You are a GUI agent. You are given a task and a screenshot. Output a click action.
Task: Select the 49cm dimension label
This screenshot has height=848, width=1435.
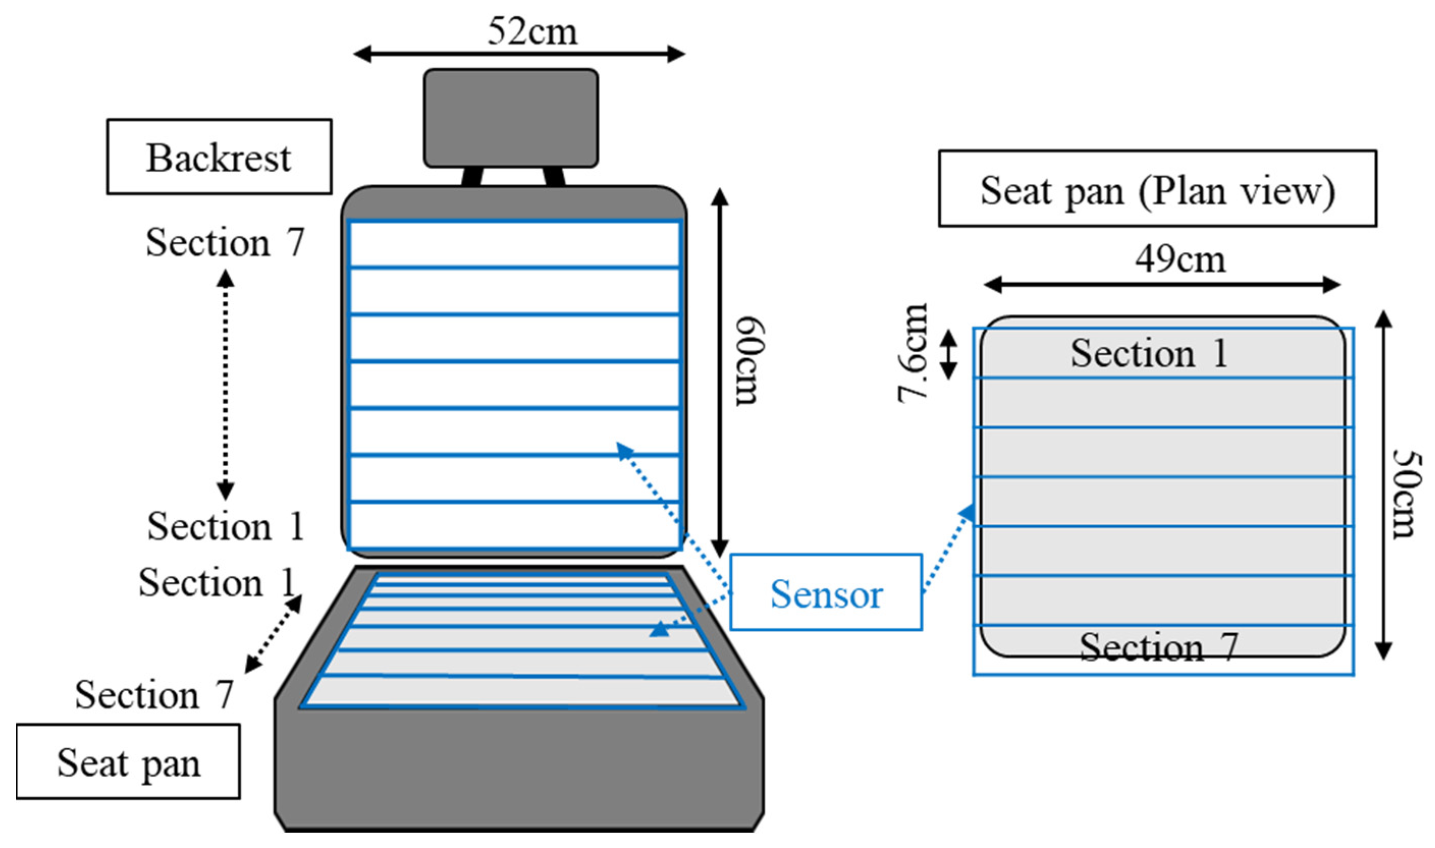1180,260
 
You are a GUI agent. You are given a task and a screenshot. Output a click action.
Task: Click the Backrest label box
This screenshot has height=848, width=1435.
219,157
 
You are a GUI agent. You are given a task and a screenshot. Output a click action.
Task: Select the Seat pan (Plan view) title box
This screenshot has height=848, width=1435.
1157,188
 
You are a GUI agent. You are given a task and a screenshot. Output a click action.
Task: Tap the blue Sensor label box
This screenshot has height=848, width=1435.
826,592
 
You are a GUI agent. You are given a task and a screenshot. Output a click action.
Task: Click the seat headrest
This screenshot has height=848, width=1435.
510,118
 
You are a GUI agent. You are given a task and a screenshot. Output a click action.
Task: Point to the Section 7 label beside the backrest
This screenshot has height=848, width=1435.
225,242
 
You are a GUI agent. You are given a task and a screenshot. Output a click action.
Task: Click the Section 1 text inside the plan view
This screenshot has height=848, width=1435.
1149,353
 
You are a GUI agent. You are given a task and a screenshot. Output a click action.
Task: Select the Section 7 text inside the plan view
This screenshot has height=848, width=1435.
1158,647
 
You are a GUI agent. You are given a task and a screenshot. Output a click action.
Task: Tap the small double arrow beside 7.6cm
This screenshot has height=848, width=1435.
949,355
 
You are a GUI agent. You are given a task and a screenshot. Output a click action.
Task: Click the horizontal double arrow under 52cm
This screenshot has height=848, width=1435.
519,55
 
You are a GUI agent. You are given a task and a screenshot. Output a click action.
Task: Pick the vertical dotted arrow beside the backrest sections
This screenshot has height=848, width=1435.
225,385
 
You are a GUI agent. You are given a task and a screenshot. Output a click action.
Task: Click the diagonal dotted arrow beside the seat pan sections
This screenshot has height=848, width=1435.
273,634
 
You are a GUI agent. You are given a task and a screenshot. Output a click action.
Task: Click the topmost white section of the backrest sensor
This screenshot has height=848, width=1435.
513,244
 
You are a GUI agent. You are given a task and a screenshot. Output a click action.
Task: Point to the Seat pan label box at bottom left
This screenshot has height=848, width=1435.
128,761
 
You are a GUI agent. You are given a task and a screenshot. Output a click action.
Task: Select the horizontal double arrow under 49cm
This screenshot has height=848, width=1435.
1162,285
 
